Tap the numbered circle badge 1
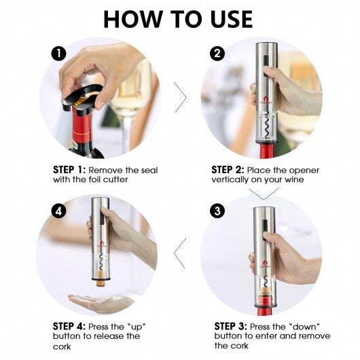[x=59, y=53]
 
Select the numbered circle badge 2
[x=217, y=53]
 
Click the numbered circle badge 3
[x=217, y=211]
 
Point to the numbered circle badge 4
[x=59, y=211]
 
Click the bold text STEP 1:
[x=69, y=170]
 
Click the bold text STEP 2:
[x=228, y=170]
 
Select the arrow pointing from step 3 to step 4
[x=180, y=252]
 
